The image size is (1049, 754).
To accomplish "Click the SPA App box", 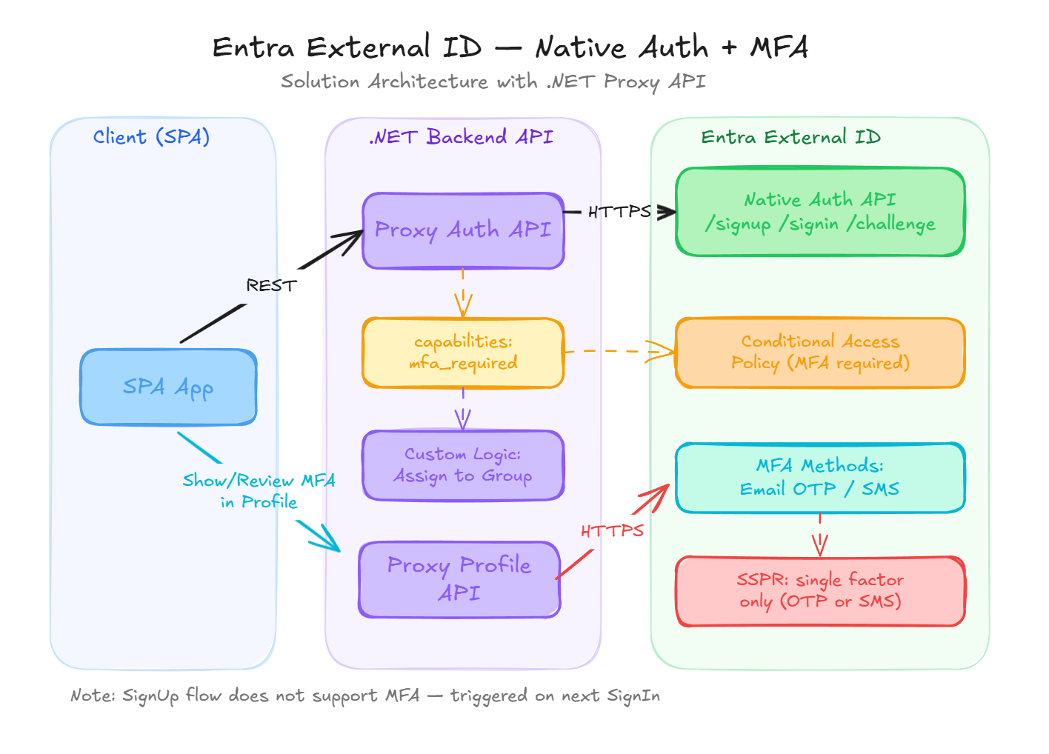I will pos(168,387).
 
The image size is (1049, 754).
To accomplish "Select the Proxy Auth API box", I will pos(463,230).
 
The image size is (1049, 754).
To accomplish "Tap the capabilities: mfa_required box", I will pos(463,353).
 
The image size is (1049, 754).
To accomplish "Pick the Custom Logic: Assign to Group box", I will pos(463,465).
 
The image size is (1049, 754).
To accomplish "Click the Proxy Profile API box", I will pos(459,579).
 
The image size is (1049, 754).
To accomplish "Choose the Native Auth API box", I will pos(820,212).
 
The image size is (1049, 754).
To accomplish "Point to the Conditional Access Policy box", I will pos(820,353).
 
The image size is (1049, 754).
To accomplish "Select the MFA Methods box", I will pos(820,478).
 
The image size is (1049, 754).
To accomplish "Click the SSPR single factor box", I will pos(820,591).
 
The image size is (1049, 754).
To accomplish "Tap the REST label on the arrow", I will pos(271,286).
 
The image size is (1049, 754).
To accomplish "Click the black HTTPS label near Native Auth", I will pos(619,213).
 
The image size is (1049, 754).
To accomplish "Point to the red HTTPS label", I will pos(612,531).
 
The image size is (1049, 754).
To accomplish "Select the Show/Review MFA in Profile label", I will pos(259,491).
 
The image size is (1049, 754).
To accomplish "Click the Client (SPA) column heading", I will pos(151,137).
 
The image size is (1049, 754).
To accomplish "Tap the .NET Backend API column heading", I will pos(461,137).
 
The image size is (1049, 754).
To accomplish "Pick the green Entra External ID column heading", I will pos(790,137).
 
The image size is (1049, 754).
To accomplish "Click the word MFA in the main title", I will pos(779,48).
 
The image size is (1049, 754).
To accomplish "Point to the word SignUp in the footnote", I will pos(150,696).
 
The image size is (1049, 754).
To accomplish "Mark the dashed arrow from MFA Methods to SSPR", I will pos(819,535).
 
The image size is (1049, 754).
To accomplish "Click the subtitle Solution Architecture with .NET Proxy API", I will pos(493,81).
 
